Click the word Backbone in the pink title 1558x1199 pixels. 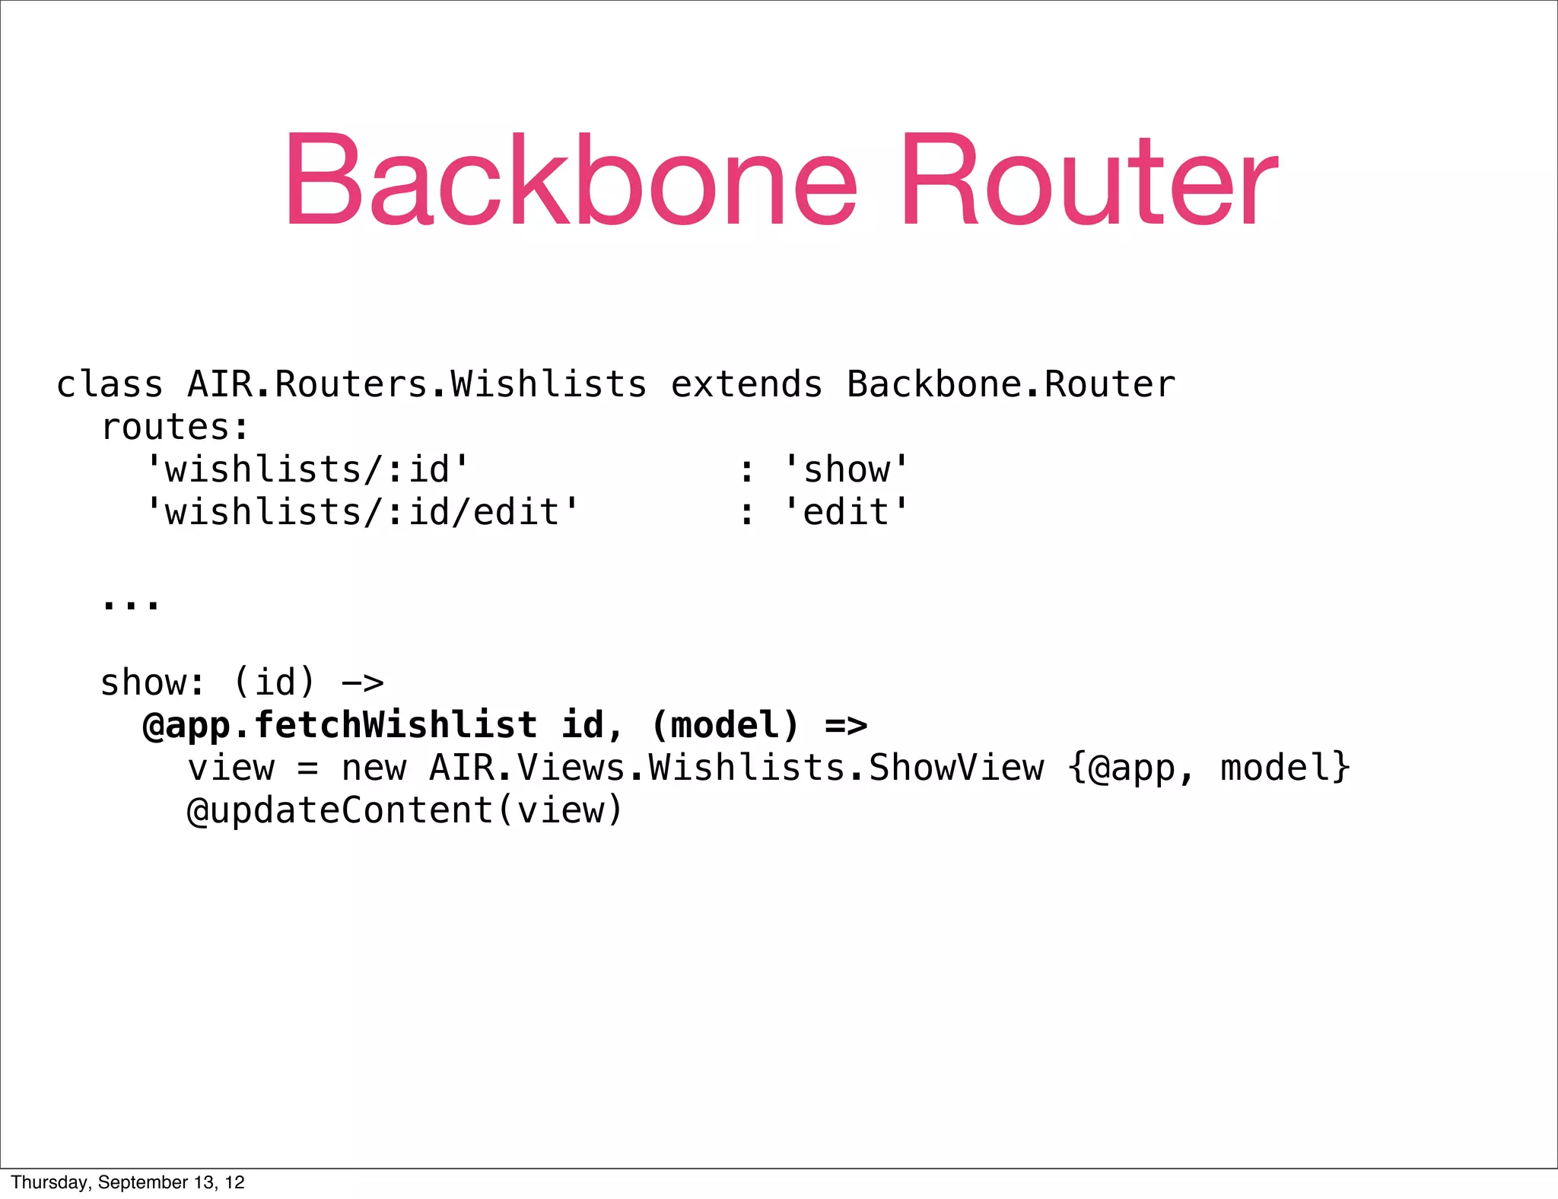click(571, 181)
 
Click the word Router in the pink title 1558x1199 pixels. click(1089, 181)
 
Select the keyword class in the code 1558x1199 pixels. click(110, 384)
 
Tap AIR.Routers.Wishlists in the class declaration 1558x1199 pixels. click(417, 384)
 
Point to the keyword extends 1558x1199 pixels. click(746, 384)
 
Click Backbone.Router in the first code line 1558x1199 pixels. click(1010, 384)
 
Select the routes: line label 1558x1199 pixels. click(175, 428)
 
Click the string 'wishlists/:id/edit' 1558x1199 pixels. click(362, 512)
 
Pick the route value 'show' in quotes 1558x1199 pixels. click(846, 469)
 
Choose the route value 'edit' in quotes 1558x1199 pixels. click(846, 512)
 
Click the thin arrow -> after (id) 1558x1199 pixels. click(362, 682)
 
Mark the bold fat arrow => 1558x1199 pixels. click(846, 725)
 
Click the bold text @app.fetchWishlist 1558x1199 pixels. click(339, 725)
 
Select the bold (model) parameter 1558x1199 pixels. click(725, 725)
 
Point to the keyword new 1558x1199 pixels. click(374, 768)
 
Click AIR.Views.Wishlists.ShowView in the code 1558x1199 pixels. click(736, 768)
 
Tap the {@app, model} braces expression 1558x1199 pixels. click(1209, 768)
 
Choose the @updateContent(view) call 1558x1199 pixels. click(405, 810)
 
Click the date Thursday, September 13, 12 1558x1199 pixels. click(128, 1182)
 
